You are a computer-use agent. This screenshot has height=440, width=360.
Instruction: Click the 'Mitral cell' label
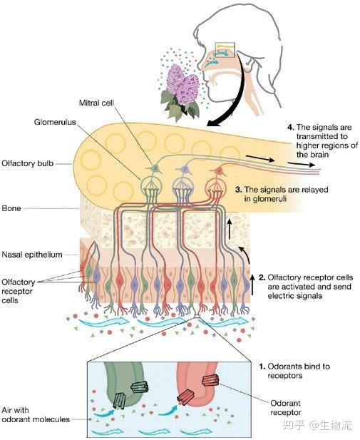tap(96, 103)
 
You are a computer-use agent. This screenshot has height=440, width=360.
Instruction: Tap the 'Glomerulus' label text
tap(55, 123)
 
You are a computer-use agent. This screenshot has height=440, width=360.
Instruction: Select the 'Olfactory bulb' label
tap(28, 163)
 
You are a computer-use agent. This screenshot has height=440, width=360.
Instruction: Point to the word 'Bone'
tap(11, 208)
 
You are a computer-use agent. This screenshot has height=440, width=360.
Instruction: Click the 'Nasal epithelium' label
tap(32, 255)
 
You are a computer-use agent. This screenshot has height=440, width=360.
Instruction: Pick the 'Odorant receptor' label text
tap(286, 408)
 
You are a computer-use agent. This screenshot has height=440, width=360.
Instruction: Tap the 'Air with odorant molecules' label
tap(36, 415)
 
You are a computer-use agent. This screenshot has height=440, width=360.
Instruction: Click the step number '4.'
tap(291, 127)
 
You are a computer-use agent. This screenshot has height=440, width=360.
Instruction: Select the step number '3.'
tap(239, 190)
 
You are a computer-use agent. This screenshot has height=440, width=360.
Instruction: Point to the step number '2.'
tap(262, 277)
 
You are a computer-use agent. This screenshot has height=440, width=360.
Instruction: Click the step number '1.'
tap(262, 367)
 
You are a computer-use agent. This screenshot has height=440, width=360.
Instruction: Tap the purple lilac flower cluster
tap(182, 84)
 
